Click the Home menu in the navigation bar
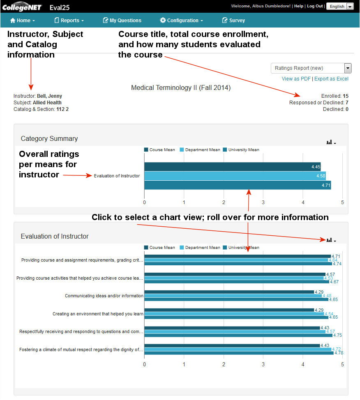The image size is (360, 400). [x=22, y=20]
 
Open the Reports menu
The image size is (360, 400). [x=69, y=20]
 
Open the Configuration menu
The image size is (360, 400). [x=181, y=20]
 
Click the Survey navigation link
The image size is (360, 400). [x=233, y=20]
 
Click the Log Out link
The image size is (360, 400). [x=315, y=6]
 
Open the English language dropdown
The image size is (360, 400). [x=340, y=6]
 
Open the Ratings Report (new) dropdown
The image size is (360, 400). [x=311, y=68]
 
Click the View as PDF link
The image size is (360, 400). [x=296, y=78]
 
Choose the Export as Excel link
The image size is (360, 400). [x=331, y=78]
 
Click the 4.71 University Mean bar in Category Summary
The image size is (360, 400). [x=237, y=185]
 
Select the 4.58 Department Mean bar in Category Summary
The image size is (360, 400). [x=235, y=176]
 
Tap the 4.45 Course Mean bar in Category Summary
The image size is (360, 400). [x=232, y=167]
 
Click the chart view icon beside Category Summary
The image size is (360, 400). [x=330, y=143]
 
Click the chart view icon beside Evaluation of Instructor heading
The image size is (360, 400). [x=330, y=240]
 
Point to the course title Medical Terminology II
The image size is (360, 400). [x=181, y=87]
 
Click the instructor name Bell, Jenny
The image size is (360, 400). [x=49, y=96]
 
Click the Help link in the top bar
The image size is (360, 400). [x=299, y=6]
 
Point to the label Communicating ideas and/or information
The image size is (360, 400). [x=104, y=296]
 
